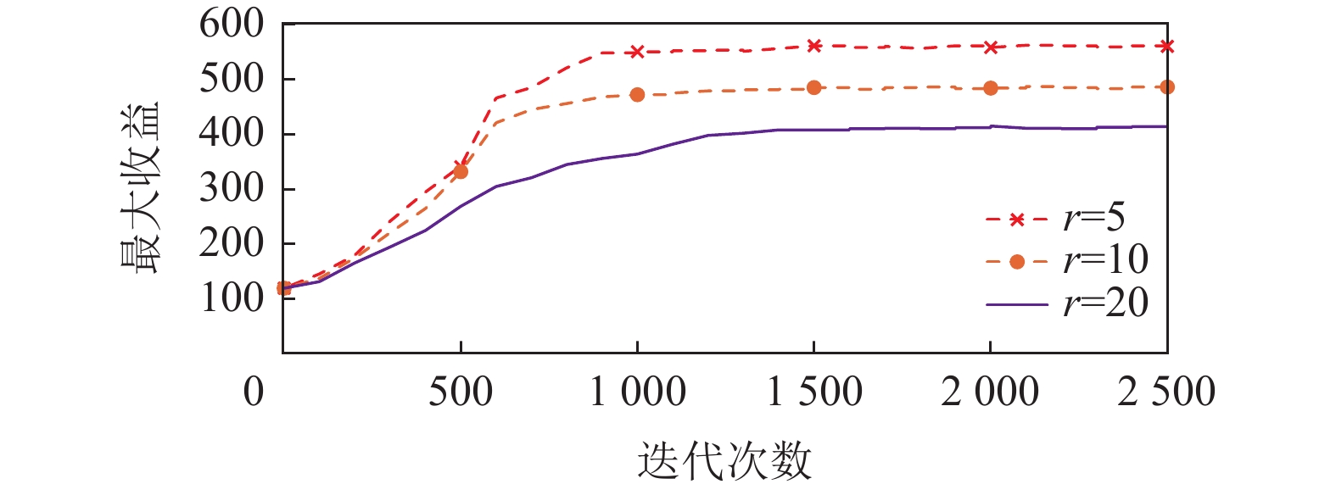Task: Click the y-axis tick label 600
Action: pyautogui.click(x=232, y=25)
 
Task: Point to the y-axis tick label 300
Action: pyautogui.click(x=232, y=188)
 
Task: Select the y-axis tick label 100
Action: pyautogui.click(x=232, y=298)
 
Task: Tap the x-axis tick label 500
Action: pyautogui.click(x=460, y=392)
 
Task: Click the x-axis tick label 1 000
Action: pyautogui.click(x=637, y=392)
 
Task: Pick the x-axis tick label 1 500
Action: pyautogui.click(x=814, y=392)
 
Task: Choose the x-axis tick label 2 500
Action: pyautogui.click(x=1166, y=392)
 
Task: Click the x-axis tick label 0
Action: pyautogui.click(x=254, y=392)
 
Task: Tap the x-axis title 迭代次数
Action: pyautogui.click(x=724, y=460)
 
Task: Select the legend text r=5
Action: pyautogui.click(x=1094, y=219)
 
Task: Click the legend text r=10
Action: pyautogui.click(x=1106, y=260)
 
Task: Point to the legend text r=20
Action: pyautogui.click(x=1106, y=303)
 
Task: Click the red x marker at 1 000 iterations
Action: pyautogui.click(x=637, y=52)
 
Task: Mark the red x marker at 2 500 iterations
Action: pyautogui.click(x=1167, y=47)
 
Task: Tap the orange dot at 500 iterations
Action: pyautogui.click(x=461, y=171)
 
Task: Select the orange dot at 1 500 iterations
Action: pyautogui.click(x=814, y=87)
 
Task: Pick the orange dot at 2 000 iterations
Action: pyautogui.click(x=991, y=88)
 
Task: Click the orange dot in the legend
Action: pyautogui.click(x=1017, y=261)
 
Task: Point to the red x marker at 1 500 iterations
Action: pyautogui.click(x=814, y=46)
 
